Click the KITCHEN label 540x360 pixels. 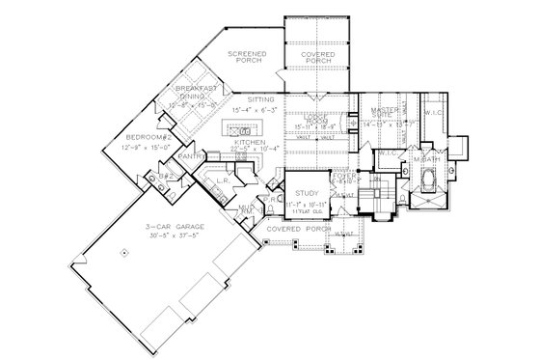point(250,141)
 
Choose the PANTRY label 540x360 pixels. point(218,153)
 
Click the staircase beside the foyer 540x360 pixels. point(384,193)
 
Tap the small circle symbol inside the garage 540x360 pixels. point(123,252)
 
